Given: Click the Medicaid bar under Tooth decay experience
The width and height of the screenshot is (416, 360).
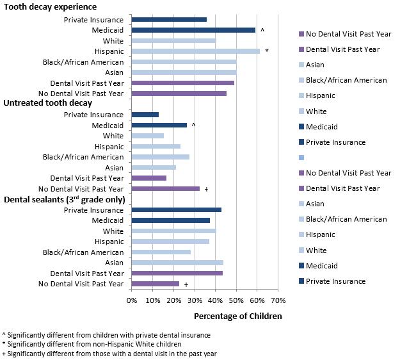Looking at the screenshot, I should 193,30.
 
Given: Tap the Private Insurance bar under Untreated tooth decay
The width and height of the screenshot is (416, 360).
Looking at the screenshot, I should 145,115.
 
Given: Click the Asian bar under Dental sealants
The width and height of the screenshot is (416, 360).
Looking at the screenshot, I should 177,263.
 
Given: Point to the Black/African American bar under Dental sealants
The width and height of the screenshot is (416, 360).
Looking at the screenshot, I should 161,252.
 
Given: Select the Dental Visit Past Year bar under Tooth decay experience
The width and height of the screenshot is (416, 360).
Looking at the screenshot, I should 182,83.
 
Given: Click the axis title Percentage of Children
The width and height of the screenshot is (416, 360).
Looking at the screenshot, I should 237,316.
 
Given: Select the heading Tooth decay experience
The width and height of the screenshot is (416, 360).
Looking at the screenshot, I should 50,7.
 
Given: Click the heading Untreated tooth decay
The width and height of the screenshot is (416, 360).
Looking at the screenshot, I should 48,103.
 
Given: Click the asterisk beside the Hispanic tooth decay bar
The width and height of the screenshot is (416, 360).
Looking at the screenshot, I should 266,51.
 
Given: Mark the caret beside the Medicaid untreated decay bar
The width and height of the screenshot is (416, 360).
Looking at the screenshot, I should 193,125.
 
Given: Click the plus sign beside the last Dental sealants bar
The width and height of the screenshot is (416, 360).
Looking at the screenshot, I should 186,284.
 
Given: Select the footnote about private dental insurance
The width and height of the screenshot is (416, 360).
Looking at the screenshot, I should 106,334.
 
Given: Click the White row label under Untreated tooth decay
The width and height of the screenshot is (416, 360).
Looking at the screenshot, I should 113,136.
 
